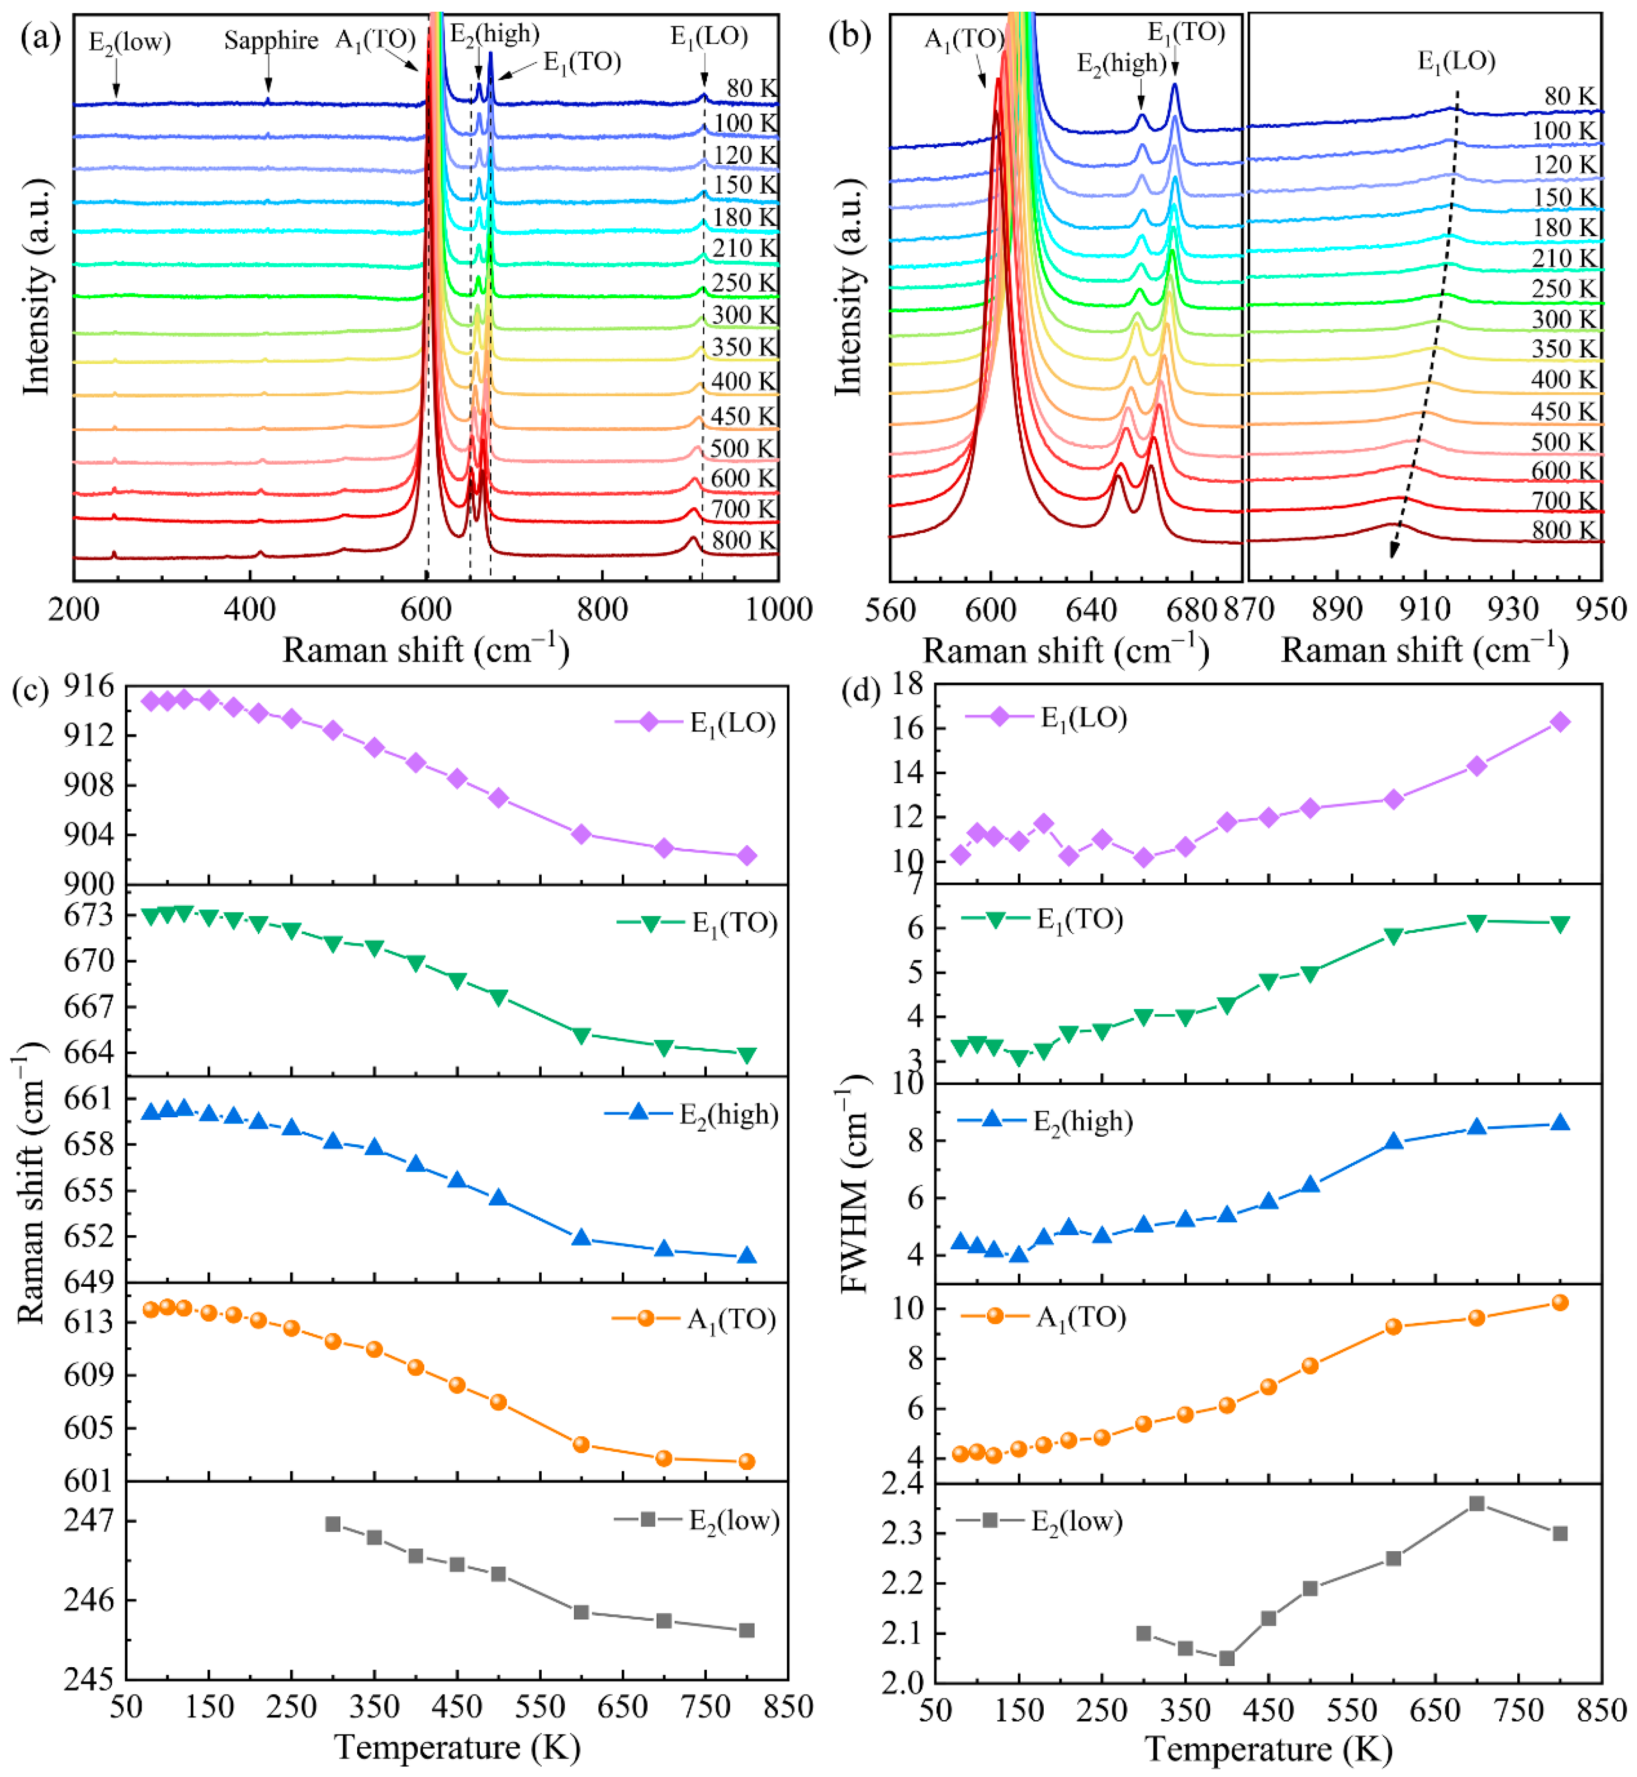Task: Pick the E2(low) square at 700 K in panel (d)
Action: coord(1477,1503)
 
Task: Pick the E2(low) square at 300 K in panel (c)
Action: coord(333,1524)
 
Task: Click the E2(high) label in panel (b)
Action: coord(1121,63)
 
